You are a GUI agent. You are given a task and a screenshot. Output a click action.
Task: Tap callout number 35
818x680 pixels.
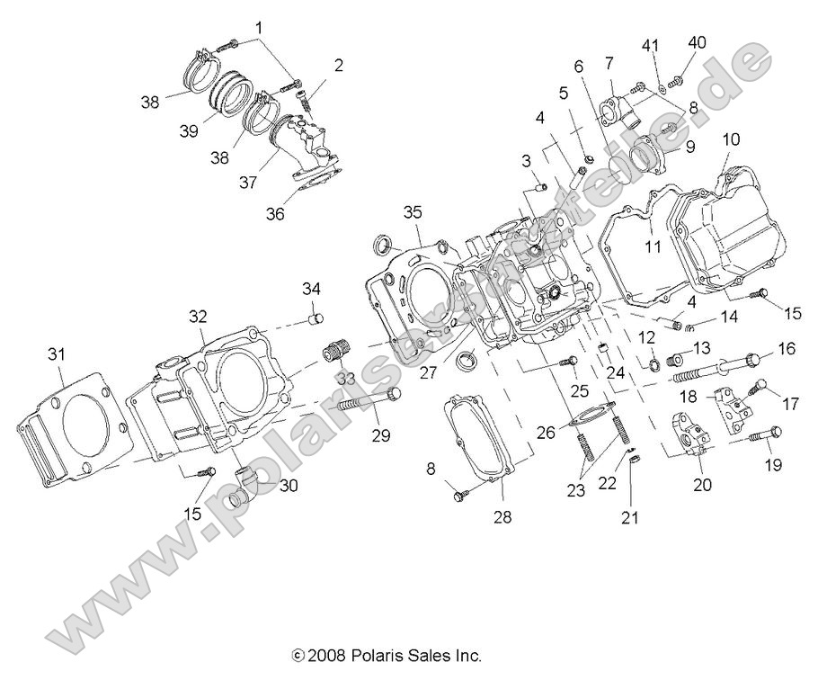(412, 212)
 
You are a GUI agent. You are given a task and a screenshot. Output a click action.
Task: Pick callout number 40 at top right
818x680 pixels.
(698, 42)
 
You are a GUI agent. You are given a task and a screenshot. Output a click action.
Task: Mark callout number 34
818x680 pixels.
(310, 288)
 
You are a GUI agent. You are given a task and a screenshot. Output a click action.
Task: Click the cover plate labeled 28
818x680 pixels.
(482, 432)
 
